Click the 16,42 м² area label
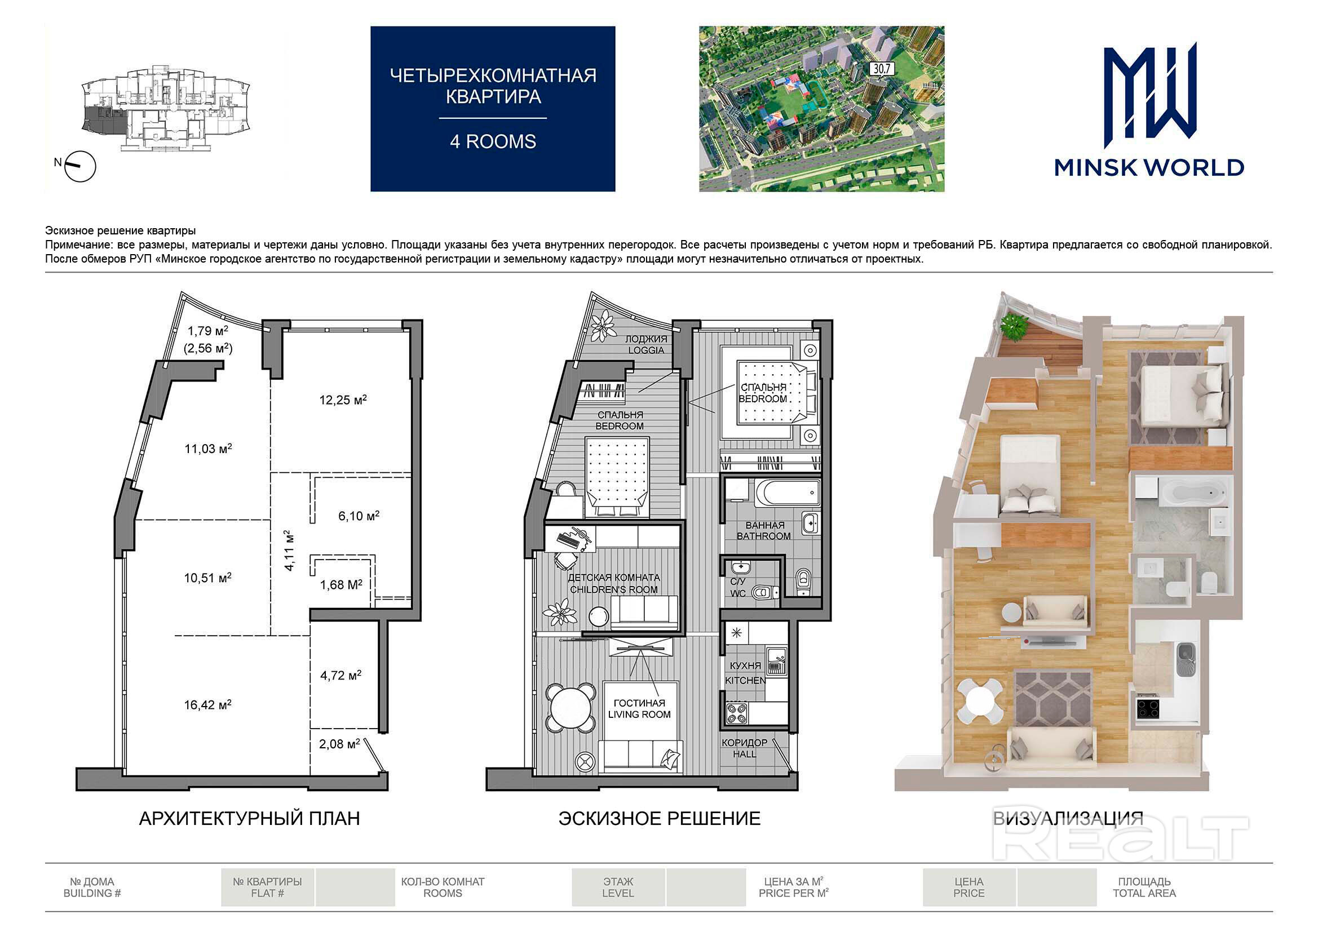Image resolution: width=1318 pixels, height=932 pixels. [x=207, y=705]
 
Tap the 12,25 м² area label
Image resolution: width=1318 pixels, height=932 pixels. [x=343, y=400]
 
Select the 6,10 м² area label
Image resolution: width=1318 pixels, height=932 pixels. [x=359, y=516]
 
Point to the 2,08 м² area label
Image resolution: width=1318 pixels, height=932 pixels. [x=339, y=744]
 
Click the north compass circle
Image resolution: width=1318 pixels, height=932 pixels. [x=81, y=166]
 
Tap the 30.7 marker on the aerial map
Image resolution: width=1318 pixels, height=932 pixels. [x=881, y=69]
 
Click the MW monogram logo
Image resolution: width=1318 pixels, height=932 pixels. [x=1150, y=95]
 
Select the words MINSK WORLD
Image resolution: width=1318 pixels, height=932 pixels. [x=1149, y=167]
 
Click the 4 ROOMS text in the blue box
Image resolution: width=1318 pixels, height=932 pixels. [x=493, y=141]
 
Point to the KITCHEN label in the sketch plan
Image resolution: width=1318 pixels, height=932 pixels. [x=745, y=681]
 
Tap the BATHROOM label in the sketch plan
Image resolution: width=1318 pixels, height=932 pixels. [x=763, y=536]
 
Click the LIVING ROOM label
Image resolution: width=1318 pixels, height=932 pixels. [x=639, y=714]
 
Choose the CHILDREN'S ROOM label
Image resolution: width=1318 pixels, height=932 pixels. [x=614, y=589]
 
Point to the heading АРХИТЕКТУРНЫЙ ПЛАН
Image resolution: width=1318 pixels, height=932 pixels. [x=250, y=818]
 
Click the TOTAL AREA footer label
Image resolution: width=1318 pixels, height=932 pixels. [x=1144, y=894]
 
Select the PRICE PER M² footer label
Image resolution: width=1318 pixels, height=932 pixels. [x=793, y=894]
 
